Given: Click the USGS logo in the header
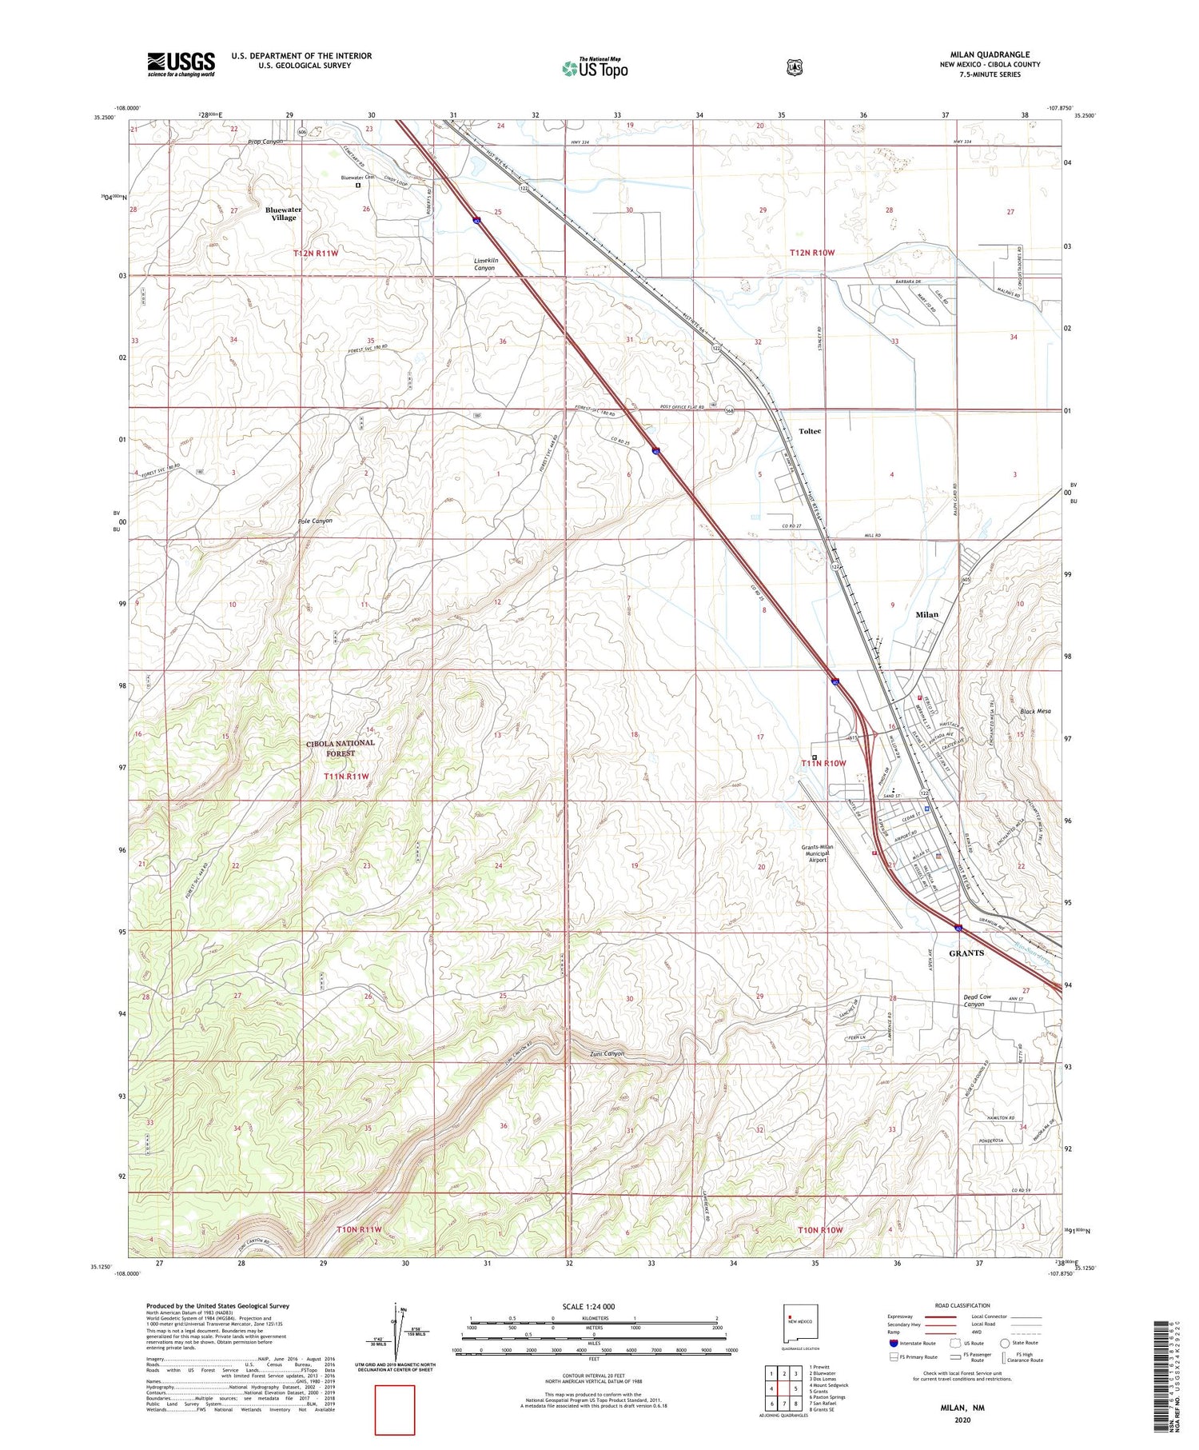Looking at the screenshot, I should tap(181, 64).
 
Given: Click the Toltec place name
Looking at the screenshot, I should tap(809, 431).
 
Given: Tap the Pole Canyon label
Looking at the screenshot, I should tap(315, 521).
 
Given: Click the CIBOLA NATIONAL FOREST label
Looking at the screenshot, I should tap(340, 748).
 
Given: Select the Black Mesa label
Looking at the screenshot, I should tap(1035, 711).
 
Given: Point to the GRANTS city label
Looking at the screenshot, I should tap(966, 953).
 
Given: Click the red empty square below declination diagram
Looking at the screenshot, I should tap(395, 1410).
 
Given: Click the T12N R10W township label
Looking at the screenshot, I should tap(812, 253).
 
